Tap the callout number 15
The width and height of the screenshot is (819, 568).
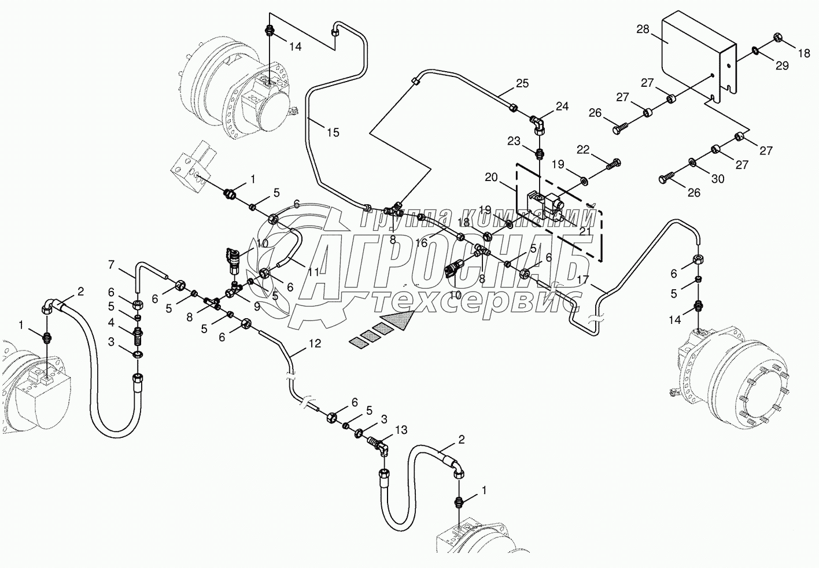click(x=333, y=132)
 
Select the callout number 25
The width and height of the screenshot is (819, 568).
click(x=522, y=84)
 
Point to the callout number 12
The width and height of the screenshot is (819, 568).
click(x=314, y=343)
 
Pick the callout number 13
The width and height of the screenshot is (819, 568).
click(x=401, y=430)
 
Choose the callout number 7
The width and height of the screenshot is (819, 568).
click(x=111, y=265)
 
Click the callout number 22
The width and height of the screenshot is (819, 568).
click(x=582, y=150)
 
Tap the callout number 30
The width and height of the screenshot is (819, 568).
click(x=717, y=179)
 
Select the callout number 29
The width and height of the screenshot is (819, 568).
click(x=782, y=67)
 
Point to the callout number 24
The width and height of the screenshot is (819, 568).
click(x=562, y=106)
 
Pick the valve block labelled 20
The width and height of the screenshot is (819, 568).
click(x=546, y=205)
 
